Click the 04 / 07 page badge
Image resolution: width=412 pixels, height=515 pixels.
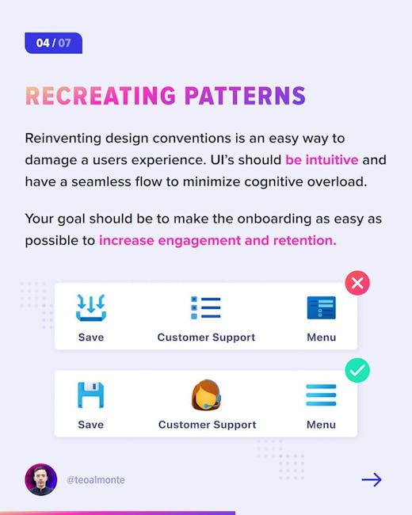click(54, 43)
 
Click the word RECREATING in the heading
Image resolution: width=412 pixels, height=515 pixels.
click(101, 96)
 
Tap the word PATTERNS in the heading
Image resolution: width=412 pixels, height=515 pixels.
click(245, 96)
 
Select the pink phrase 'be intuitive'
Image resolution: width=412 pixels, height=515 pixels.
click(322, 160)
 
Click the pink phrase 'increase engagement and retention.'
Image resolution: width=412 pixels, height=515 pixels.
click(218, 241)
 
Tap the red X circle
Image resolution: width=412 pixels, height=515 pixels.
click(357, 283)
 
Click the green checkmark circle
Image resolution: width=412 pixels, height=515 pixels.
click(357, 371)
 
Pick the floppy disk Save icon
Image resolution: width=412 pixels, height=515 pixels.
click(90, 395)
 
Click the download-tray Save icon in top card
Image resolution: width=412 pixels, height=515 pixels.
click(91, 307)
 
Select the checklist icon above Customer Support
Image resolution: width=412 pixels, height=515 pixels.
click(206, 307)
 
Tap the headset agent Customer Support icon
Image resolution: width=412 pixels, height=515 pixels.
click(206, 395)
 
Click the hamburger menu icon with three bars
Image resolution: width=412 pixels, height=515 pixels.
click(321, 395)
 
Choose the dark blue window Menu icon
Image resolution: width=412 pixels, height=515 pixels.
click(322, 307)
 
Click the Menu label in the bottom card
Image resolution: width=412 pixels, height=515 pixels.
click(322, 425)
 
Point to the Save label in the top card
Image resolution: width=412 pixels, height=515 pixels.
click(91, 338)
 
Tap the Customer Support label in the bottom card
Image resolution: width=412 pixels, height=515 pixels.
click(208, 425)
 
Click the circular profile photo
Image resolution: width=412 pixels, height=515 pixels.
click(41, 479)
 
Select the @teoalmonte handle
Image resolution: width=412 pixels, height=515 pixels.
click(96, 480)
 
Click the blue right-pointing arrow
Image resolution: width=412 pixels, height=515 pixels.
click(372, 480)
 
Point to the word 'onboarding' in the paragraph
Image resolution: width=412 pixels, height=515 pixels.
click(274, 219)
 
